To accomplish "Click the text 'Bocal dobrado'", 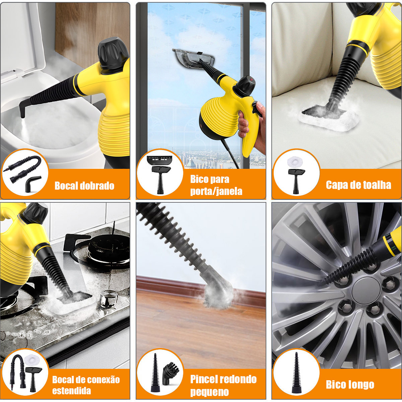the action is pos(84,186).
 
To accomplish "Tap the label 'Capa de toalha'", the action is pos(358,185).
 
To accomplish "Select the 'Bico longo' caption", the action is pos(350,385).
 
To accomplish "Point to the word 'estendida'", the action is pos(72,391).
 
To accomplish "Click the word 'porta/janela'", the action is pos(216,191).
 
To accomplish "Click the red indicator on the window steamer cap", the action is pos(251,80).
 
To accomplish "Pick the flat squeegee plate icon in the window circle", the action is pos(159,160).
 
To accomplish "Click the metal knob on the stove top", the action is pos(106,301).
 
